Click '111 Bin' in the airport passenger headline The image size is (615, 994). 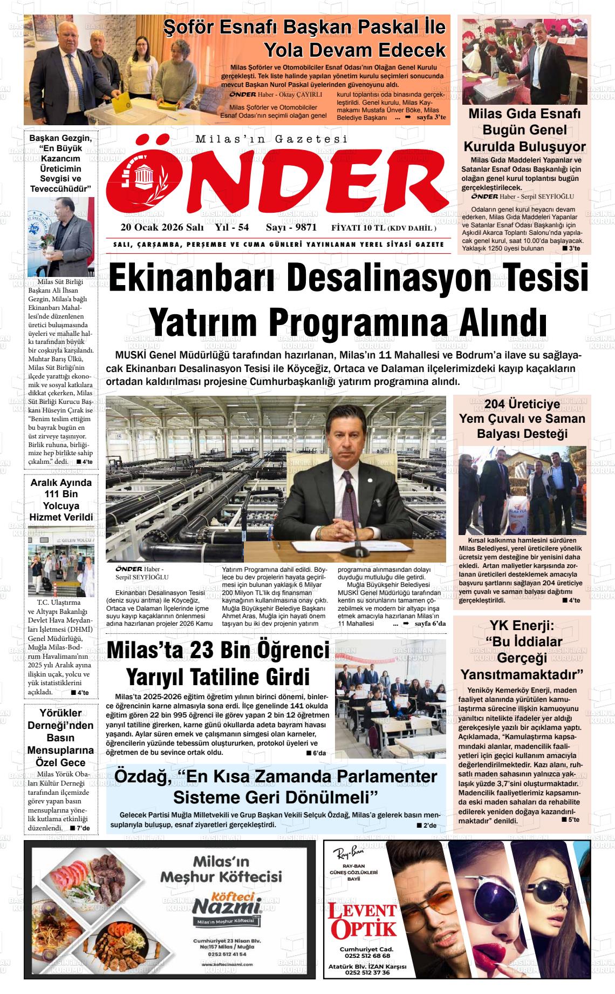tap(61, 494)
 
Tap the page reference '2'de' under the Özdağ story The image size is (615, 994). tap(430, 826)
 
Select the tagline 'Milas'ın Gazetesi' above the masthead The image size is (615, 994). tap(271, 139)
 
